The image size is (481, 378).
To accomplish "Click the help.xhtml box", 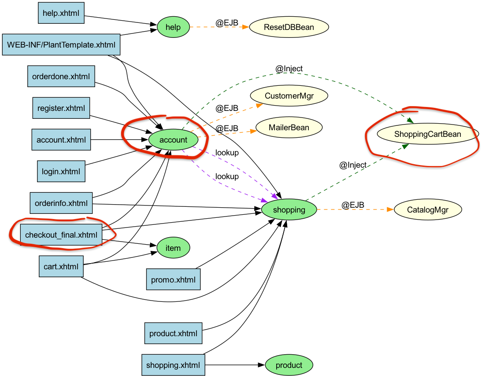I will point(61,13).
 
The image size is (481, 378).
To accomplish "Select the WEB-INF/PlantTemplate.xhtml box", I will point(61,44).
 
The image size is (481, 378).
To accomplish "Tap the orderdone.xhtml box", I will point(61,76).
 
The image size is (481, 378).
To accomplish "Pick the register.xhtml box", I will point(61,108).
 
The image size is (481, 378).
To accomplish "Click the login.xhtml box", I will point(61,171).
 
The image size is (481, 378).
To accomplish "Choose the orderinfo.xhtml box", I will point(61,203).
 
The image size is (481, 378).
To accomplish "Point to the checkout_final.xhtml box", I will point(61,235).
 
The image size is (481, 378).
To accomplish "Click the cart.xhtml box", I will point(61,266).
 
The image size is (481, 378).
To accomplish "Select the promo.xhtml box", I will point(173,279).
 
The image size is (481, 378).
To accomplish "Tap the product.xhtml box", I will point(173,333).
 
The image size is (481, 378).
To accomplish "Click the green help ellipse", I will point(173,27).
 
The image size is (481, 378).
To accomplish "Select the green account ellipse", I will point(173,140).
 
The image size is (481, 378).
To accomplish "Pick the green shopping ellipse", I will point(289,209).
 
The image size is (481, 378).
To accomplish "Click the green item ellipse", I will point(173,248).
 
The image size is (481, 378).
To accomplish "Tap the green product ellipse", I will point(289,365).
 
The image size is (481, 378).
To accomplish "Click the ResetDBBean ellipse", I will point(289,27).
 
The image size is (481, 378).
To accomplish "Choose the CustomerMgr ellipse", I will point(289,95).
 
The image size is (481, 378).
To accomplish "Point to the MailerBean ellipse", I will point(289,128).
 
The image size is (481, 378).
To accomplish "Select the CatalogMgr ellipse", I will point(427,209).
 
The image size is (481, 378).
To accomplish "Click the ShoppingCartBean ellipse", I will point(427,134).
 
